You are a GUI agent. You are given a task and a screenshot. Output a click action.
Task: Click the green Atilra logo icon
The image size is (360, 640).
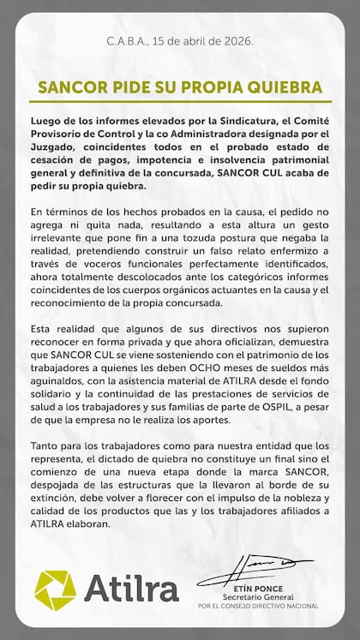click(55, 590)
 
